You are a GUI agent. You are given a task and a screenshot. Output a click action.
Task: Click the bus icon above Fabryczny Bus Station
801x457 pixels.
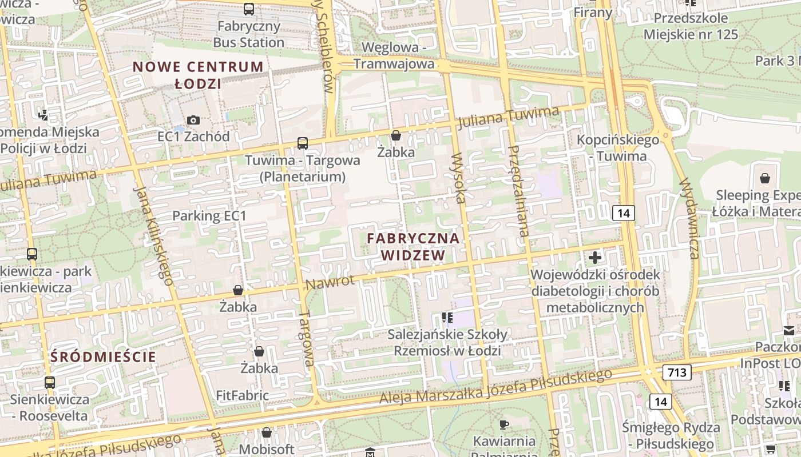(249, 9)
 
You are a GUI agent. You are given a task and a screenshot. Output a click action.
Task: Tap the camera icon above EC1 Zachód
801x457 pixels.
(193, 120)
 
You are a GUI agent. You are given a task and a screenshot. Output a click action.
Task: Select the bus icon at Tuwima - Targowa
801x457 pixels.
(303, 143)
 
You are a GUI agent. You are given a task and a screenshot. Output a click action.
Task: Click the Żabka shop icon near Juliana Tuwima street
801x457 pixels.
(396, 136)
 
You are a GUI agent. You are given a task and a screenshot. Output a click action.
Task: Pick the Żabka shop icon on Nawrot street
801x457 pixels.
(238, 291)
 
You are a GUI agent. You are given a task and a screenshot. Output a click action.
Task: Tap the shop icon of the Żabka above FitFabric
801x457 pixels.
(259, 351)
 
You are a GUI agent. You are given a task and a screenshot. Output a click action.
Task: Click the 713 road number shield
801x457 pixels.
(677, 372)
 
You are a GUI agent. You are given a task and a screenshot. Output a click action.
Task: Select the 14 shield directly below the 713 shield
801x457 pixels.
(661, 402)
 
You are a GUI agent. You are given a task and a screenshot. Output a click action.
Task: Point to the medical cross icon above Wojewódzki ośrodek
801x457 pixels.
(595, 258)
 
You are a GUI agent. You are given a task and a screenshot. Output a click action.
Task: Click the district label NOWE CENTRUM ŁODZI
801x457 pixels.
(198, 75)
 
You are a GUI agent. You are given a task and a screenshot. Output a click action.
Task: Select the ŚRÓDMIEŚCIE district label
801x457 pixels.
(103, 357)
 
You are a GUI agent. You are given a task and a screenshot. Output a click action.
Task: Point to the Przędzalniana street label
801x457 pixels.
(518, 191)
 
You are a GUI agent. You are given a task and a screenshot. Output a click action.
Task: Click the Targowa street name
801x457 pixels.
(307, 338)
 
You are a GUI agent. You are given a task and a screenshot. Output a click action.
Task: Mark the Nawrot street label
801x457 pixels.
(330, 282)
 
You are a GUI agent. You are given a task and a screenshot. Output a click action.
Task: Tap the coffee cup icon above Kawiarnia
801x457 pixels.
(504, 424)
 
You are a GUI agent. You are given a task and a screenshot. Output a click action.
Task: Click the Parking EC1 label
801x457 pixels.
(209, 216)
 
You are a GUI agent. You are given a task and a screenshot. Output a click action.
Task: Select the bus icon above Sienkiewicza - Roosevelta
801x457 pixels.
(50, 382)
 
